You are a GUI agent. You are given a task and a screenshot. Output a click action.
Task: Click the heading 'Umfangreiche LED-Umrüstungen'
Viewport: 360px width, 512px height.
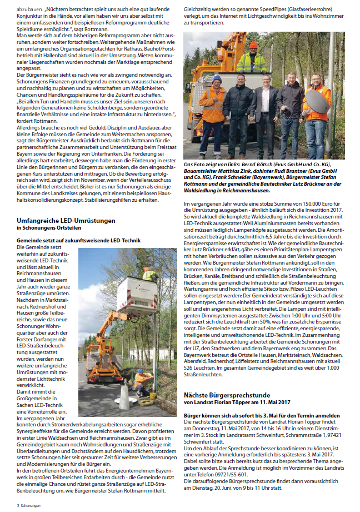(66, 221)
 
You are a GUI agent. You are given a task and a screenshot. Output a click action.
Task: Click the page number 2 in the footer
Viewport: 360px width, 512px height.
(18, 506)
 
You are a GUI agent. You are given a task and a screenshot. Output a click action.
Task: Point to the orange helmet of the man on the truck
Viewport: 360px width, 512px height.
(253, 44)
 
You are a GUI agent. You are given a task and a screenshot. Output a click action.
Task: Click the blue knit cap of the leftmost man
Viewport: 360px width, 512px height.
(217, 79)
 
